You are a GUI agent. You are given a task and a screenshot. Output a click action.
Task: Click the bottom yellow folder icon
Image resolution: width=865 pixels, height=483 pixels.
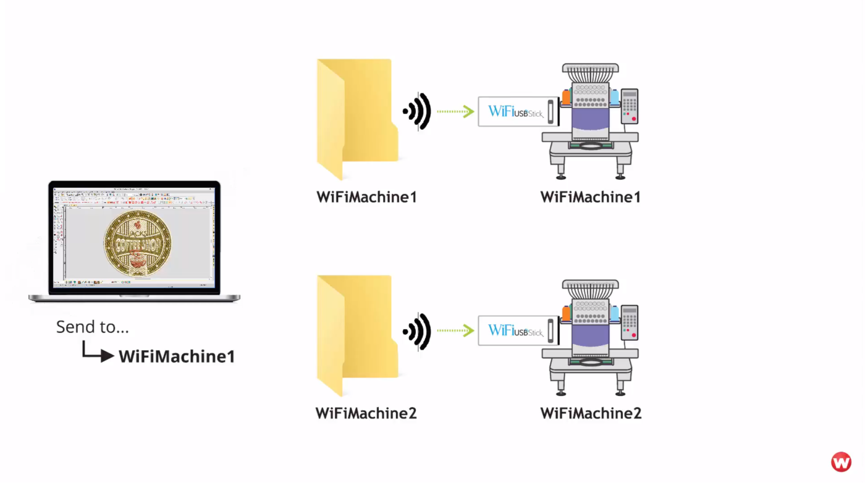click(356, 334)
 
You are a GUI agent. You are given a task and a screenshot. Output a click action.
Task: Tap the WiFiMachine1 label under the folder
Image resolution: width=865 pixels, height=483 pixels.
click(366, 197)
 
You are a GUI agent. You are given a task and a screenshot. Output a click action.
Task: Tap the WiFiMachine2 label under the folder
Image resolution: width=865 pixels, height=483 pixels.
click(366, 413)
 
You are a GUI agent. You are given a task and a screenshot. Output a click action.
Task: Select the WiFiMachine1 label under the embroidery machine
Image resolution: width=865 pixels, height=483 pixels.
click(590, 197)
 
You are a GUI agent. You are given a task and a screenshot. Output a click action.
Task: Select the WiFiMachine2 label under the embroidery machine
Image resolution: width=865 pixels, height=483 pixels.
click(591, 413)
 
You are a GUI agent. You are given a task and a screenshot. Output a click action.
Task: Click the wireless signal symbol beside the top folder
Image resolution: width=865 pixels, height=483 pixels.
click(418, 112)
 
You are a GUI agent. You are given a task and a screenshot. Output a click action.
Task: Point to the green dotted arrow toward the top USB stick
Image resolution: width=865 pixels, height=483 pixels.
click(455, 112)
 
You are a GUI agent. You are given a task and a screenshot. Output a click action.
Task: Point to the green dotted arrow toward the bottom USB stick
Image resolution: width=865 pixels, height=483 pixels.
click(455, 330)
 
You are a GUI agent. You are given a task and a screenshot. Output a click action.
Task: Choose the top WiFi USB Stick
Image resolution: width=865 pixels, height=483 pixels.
click(518, 112)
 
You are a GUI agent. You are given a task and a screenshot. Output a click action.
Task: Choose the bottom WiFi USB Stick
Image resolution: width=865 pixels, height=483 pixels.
click(518, 330)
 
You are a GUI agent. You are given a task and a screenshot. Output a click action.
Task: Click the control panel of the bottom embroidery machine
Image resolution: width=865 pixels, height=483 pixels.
click(630, 322)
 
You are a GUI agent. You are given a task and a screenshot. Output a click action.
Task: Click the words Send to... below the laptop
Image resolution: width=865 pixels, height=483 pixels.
click(93, 327)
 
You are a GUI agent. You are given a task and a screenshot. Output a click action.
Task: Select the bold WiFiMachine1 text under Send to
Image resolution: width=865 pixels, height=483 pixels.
click(177, 356)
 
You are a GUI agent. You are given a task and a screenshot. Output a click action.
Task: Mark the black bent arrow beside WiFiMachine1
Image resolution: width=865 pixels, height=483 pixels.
click(98, 353)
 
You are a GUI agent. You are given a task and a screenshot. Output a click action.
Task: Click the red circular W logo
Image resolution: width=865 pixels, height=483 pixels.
click(841, 462)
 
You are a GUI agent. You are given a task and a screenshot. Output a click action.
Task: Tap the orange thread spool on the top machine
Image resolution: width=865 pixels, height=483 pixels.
click(566, 97)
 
